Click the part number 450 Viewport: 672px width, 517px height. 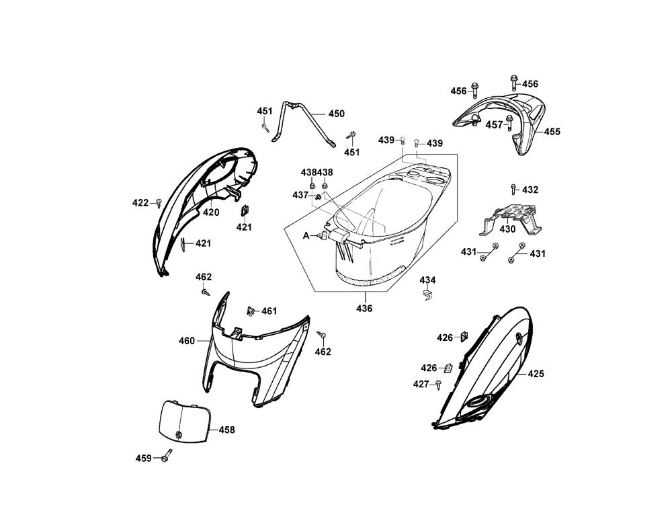click(335, 114)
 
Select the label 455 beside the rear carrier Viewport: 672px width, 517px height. click(552, 132)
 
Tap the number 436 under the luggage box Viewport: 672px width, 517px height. click(364, 309)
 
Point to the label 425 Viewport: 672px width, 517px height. click(536, 373)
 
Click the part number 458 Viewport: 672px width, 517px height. click(226, 430)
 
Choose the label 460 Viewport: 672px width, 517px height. click(186, 341)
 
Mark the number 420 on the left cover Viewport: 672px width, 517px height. click(211, 212)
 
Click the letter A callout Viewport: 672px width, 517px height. click(306, 235)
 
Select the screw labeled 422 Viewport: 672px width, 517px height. click(159, 202)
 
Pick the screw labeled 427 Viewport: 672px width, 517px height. click(438, 384)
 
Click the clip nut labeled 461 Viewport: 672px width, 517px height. click(250, 311)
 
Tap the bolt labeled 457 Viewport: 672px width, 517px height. click(510, 123)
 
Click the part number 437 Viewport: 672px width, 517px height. click(300, 195)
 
